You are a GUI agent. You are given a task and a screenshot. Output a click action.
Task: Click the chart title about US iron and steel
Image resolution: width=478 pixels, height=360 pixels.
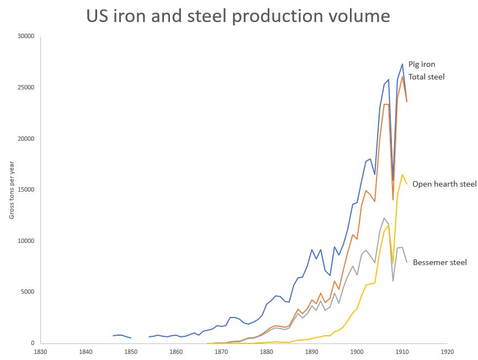[238, 16]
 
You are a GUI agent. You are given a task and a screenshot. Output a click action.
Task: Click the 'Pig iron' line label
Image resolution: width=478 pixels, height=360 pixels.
[422, 65]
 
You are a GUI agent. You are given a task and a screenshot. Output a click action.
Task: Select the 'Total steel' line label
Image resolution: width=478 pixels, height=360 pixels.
[426, 77]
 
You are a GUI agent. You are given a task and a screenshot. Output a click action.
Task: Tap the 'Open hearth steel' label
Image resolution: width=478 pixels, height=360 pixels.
[444, 184]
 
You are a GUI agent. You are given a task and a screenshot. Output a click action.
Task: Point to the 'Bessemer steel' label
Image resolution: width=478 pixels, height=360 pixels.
[440, 262]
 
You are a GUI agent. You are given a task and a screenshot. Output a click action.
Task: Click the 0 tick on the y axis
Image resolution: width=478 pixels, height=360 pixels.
[33, 343]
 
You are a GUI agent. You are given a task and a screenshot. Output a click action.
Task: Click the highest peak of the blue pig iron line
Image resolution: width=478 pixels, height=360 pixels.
[402, 64]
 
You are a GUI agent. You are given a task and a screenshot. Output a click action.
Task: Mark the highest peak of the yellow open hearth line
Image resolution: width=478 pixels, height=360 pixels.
[402, 174]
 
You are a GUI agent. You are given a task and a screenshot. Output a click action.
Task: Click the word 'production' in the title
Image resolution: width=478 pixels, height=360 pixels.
[277, 17]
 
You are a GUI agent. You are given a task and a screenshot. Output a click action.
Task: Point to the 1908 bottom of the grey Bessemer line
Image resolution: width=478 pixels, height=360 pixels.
[393, 281]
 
